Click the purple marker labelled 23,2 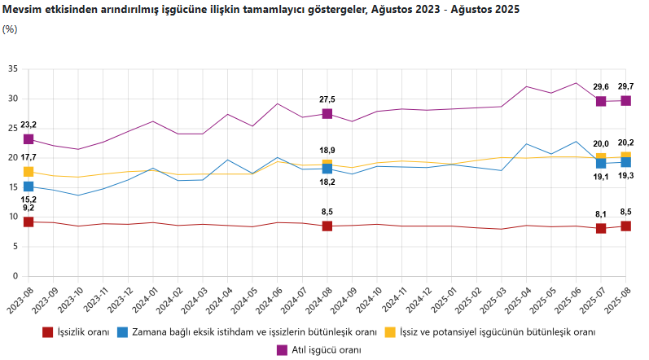(29, 139)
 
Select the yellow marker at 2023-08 (29, 172)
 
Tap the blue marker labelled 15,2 (29, 187)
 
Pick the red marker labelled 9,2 (29, 222)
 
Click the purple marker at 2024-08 (327, 114)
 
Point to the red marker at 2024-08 (327, 226)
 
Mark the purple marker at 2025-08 (626, 101)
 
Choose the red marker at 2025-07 (601, 228)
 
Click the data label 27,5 (327, 99)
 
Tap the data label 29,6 (601, 86)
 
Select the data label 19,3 (626, 176)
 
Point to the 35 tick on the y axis (13, 69)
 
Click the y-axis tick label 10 (13, 217)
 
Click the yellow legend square (391, 332)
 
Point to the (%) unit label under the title (10, 29)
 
